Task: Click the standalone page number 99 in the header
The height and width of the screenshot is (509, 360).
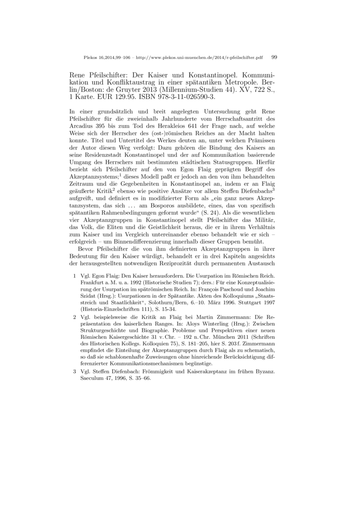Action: coord(274,57)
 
